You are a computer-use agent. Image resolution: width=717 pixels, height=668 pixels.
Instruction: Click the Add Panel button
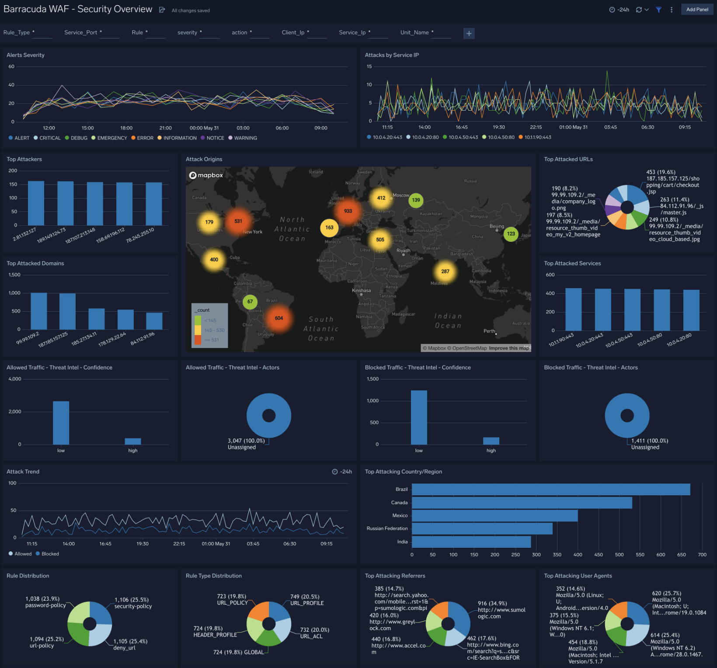pyautogui.click(x=697, y=9)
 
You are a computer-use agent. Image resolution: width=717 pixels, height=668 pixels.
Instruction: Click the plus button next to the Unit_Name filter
pyautogui.click(x=469, y=33)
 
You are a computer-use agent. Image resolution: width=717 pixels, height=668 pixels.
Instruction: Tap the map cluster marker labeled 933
pyautogui.click(x=348, y=211)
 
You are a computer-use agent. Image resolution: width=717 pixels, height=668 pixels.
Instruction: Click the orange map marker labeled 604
pyautogui.click(x=278, y=318)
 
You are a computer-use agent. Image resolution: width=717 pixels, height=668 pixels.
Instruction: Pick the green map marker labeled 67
pyautogui.click(x=250, y=301)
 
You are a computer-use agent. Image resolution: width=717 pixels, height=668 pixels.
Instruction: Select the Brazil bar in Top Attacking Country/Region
pyautogui.click(x=550, y=489)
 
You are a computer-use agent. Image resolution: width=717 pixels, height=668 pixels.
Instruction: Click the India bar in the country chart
pyautogui.click(x=471, y=542)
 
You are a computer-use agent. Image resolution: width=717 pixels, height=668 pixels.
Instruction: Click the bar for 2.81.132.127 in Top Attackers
pyautogui.click(x=36, y=203)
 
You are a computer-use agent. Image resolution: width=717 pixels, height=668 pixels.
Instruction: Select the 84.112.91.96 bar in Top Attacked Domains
pyautogui.click(x=154, y=321)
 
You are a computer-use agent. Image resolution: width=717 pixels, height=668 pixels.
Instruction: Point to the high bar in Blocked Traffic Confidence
pyautogui.click(x=491, y=441)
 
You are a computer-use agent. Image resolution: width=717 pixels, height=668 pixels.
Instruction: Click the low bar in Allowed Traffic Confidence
pyautogui.click(x=61, y=422)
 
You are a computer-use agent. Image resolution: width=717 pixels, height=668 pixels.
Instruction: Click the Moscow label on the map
pyautogui.click(x=400, y=195)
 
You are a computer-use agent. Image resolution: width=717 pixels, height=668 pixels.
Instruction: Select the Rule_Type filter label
pyautogui.click(x=17, y=32)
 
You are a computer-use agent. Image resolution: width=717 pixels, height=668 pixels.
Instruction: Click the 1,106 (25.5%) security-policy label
pyautogui.click(x=132, y=603)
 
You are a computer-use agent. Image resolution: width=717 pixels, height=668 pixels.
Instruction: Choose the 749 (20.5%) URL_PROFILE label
pyautogui.click(x=306, y=600)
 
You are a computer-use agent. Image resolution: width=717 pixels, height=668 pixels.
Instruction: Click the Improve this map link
pyautogui.click(x=508, y=348)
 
